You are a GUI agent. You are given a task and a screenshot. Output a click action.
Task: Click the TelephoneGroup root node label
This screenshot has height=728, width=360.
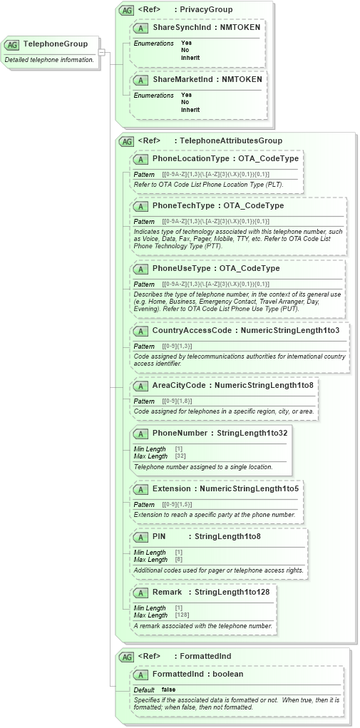point(55,43)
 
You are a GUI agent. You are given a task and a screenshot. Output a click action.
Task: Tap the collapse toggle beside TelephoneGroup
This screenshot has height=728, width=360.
point(102,52)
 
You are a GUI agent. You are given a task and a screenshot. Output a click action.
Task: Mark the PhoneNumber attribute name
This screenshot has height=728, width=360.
point(180,433)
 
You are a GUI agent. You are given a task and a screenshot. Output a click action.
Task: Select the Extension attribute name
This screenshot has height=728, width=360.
point(171,488)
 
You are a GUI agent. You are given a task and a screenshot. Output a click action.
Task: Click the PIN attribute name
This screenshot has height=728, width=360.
point(159,535)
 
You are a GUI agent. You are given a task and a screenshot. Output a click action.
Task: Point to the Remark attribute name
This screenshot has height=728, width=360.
point(167,591)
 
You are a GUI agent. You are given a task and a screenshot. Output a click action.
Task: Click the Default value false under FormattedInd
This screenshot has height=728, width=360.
point(168,689)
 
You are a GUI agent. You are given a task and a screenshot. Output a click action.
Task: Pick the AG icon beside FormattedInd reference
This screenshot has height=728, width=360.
point(126,656)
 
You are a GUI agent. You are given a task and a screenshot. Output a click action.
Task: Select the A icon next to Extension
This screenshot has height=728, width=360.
point(140,489)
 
